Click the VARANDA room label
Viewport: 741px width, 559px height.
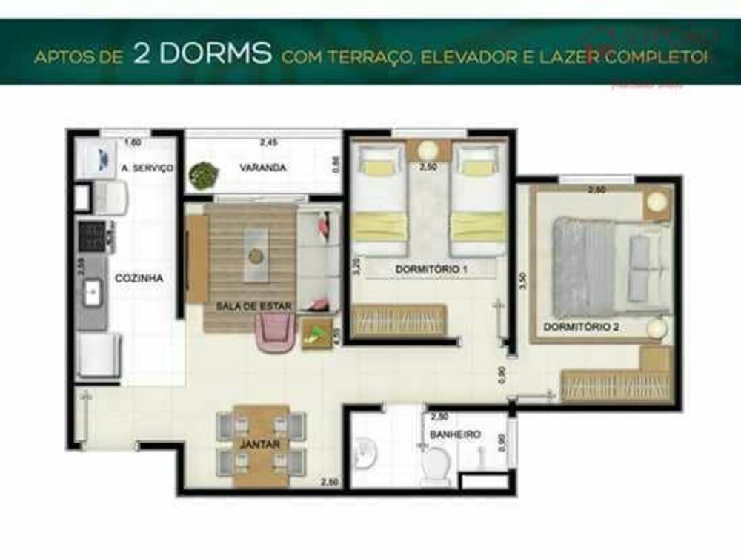coord(262,168)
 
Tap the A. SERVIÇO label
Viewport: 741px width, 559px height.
coord(147,169)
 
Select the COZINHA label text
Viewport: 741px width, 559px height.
coord(139,278)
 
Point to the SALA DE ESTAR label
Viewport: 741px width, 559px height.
coord(253,305)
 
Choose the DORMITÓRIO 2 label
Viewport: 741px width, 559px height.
coord(582,326)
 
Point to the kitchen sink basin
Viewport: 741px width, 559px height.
coord(93,292)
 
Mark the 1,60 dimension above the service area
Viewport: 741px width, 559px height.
coord(133,142)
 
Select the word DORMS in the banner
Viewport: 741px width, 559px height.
coord(201,56)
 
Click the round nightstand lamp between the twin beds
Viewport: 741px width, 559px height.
coord(428,150)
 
